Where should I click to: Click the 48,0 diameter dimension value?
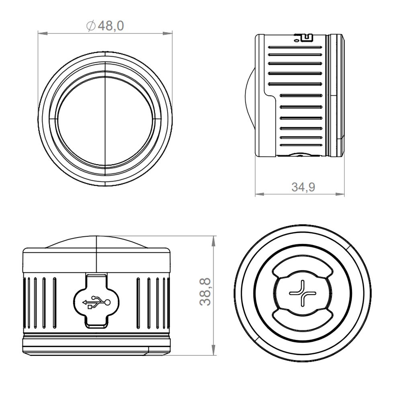[111, 26]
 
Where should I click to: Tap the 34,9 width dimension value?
[303, 187]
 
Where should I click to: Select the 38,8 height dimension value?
[205, 292]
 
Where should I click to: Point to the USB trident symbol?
[96, 302]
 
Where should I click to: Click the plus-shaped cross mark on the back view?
[302, 293]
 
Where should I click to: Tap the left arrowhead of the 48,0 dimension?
[43, 33]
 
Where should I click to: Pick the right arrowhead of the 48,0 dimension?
[168, 33]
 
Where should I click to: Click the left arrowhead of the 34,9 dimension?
[260, 194]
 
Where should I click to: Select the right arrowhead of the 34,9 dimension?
[340, 194]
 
